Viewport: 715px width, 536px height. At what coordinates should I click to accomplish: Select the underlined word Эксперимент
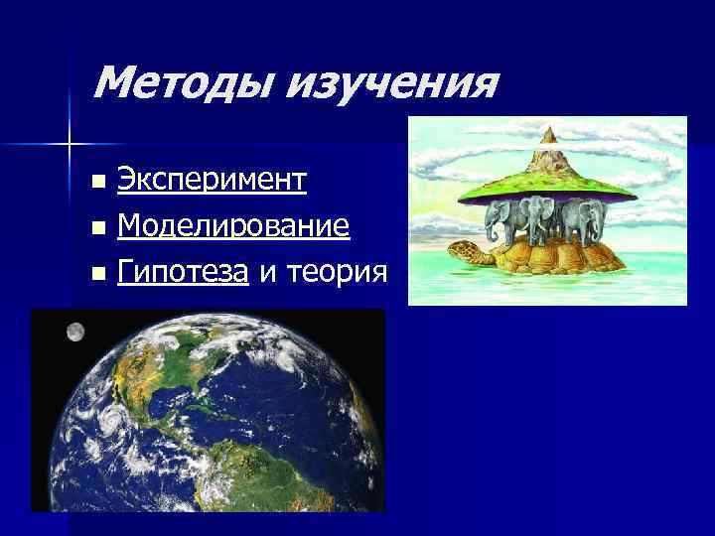(212, 180)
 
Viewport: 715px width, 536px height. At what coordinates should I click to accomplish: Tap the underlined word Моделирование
(233, 227)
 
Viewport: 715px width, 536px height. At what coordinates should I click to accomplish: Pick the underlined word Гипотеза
(182, 271)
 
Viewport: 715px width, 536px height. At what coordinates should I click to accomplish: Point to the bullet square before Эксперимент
(96, 183)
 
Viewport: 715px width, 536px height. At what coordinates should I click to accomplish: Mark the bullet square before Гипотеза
(96, 273)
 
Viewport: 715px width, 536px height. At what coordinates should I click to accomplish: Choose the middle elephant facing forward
(542, 218)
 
